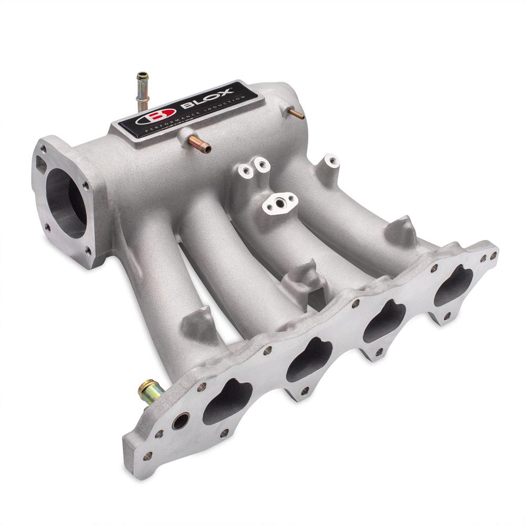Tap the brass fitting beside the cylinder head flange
pyautogui.click(x=149, y=389)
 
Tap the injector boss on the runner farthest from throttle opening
pyautogui.click(x=398, y=231)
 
